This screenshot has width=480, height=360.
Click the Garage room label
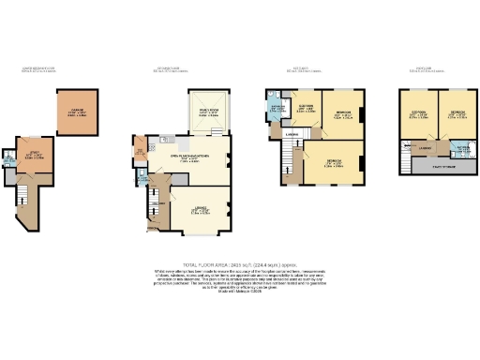pyautogui.click(x=77, y=112)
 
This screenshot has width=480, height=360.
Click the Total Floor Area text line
pyautogui.click(x=240, y=262)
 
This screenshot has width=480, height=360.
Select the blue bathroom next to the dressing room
pyautogui.click(x=277, y=109)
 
